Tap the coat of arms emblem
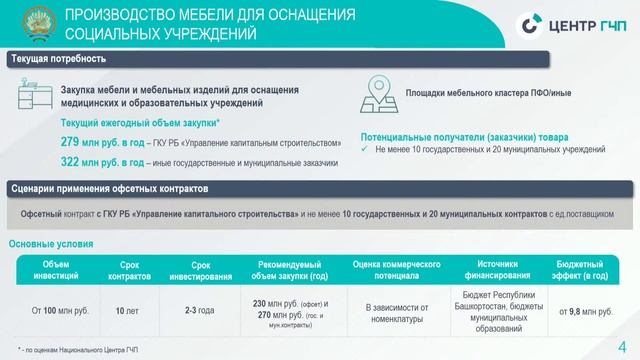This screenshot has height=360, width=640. (x=31, y=23)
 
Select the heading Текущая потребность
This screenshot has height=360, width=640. (x=45, y=60)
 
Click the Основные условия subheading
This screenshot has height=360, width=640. (x=51, y=244)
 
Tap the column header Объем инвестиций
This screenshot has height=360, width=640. (x=56, y=270)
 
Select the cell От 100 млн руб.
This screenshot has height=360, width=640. (x=61, y=311)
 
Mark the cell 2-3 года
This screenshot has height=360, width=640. (x=200, y=311)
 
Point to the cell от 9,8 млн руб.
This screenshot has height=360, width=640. (x=583, y=311)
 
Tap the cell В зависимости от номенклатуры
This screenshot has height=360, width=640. (x=398, y=311)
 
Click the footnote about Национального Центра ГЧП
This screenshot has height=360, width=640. (x=77, y=348)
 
